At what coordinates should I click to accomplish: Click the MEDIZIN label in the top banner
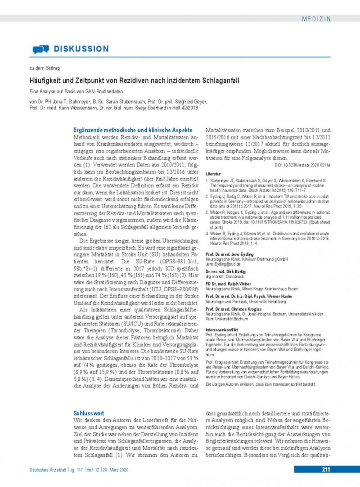[316, 19]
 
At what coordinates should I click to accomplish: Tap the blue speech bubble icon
[40, 49]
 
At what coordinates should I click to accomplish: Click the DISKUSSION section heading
[81, 49]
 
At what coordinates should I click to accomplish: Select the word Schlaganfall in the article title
[219, 81]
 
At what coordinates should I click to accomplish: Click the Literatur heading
[213, 173]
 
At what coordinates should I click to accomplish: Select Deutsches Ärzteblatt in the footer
[46, 470]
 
